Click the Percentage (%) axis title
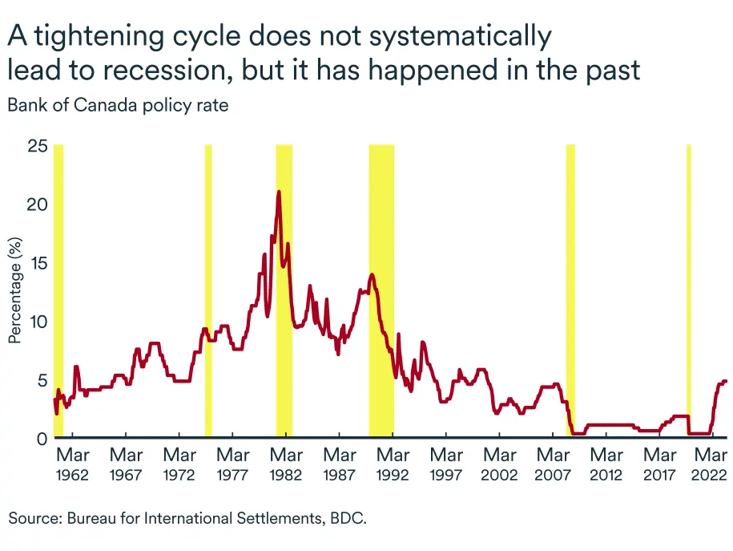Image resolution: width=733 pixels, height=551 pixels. (15, 290)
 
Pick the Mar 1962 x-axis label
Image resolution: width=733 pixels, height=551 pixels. (72, 464)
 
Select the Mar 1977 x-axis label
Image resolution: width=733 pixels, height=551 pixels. (232, 464)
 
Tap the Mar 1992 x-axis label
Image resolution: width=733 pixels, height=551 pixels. (393, 464)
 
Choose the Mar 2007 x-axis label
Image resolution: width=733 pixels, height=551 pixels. (553, 464)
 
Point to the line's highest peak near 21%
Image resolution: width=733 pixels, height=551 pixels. (279, 192)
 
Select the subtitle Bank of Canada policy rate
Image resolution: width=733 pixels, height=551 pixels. (118, 106)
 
